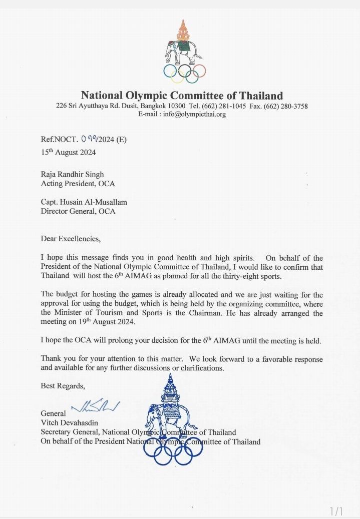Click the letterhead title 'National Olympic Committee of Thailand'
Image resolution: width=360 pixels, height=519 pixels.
coord(182,95)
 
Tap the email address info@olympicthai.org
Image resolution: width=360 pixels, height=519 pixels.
coord(182,114)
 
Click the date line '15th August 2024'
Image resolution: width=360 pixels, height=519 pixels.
coord(68,152)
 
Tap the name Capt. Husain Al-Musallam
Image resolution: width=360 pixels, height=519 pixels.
coord(84,202)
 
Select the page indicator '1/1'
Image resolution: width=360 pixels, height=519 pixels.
coord(336,511)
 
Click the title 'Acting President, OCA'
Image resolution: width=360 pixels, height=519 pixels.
coord(78,184)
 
